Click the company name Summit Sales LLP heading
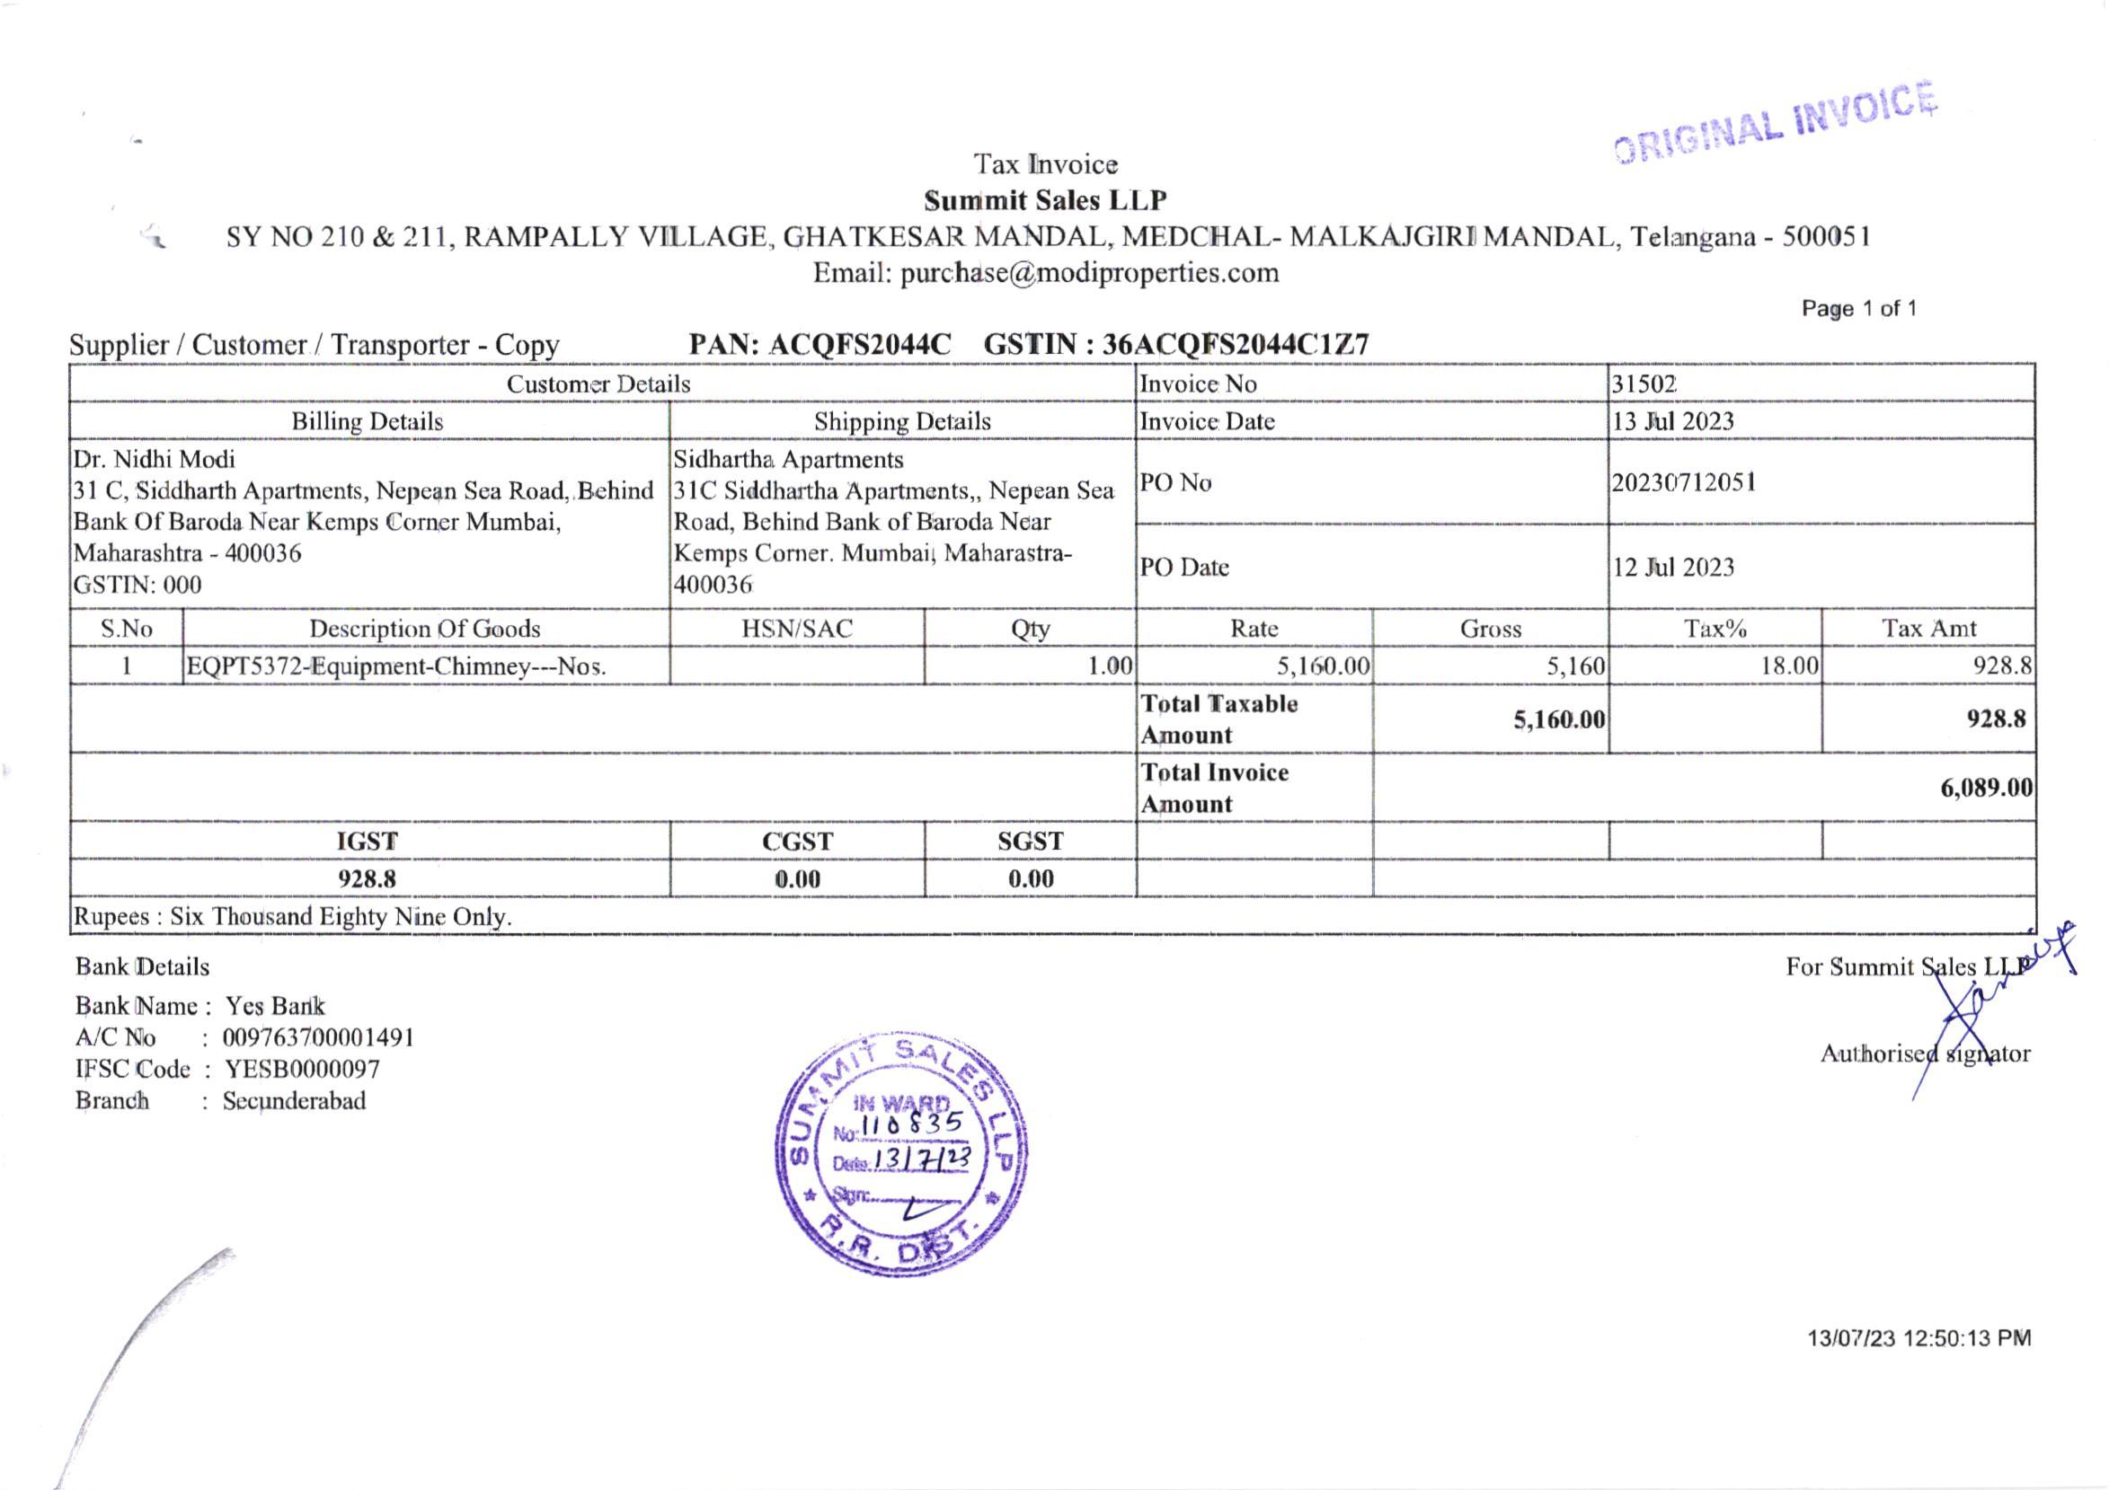1045,200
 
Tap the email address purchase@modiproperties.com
1045,273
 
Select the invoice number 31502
1644,384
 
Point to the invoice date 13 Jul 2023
1672,421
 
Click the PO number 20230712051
1684,482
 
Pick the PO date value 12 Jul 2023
1672,568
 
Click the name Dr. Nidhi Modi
155,459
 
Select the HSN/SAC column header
796,629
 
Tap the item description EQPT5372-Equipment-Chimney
396,666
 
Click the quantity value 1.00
1110,666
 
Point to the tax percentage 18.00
1788,666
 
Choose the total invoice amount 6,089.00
1986,788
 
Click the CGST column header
796,841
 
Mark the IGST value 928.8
368,878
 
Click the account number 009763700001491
318,1038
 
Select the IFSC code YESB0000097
302,1070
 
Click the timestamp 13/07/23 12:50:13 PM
1918,1338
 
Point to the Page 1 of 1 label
1858,308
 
